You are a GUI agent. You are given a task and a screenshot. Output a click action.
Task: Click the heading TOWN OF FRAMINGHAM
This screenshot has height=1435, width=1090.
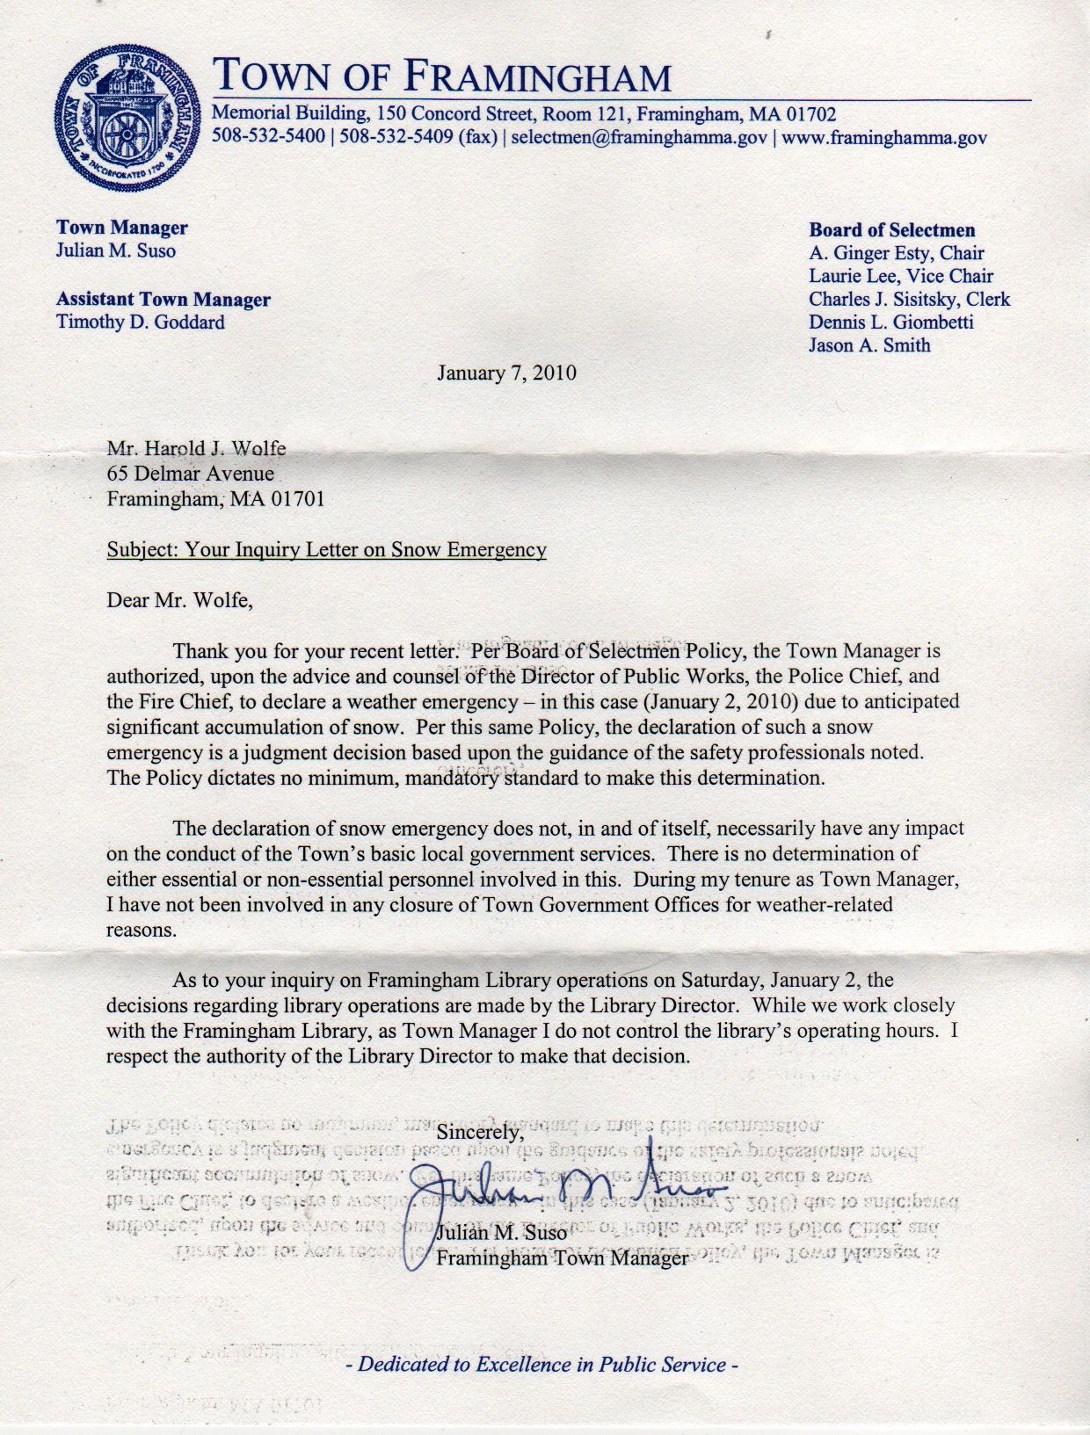(442, 78)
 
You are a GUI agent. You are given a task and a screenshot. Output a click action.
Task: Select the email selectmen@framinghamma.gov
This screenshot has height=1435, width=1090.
(639, 138)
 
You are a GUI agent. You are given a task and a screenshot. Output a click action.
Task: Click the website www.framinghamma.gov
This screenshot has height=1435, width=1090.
(883, 138)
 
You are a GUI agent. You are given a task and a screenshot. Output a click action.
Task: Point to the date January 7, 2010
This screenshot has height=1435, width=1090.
(507, 373)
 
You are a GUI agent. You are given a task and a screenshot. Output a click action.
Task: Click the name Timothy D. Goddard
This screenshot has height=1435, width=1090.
(141, 323)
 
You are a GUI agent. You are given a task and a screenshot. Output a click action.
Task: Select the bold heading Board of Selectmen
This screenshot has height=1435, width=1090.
(892, 230)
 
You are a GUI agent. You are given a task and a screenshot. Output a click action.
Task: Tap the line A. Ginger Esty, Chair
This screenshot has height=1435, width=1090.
(897, 253)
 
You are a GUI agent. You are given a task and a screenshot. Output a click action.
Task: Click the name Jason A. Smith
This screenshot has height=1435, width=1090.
(869, 345)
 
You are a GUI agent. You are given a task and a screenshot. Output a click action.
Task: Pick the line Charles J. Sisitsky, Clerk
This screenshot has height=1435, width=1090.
(910, 300)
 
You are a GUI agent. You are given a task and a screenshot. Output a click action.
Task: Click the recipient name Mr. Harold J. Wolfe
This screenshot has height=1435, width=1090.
(196, 449)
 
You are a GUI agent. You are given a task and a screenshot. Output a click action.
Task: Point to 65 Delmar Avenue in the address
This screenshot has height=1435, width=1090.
(191, 474)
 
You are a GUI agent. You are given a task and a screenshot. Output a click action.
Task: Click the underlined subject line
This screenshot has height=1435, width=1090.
(326, 550)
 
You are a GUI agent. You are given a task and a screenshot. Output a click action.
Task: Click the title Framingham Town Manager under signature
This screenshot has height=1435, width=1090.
(563, 1258)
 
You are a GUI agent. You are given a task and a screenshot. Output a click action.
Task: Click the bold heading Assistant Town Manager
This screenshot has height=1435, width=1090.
(163, 301)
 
